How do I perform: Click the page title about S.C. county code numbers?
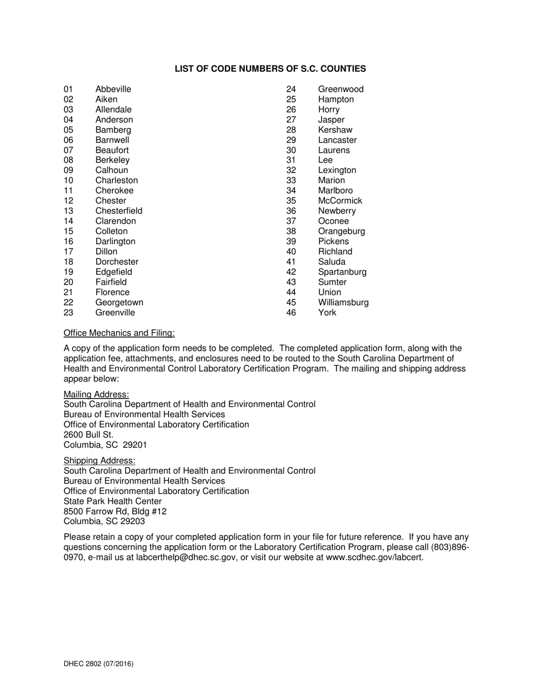[x=270, y=69]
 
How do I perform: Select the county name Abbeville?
[x=113, y=89]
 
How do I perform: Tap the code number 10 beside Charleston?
[x=68, y=180]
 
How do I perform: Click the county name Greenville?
[x=115, y=312]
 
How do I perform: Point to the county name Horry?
[x=329, y=109]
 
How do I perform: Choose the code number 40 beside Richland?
[x=291, y=252]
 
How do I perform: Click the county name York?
[x=327, y=312]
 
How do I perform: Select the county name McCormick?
[x=340, y=201]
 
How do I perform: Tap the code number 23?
[x=68, y=312]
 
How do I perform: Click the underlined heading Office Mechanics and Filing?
[x=119, y=333]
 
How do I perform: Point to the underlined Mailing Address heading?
[x=96, y=394]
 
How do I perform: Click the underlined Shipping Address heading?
[x=99, y=460]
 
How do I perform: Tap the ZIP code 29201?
[x=135, y=445]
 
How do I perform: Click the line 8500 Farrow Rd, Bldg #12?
[x=115, y=511]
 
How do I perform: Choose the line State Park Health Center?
[x=113, y=501]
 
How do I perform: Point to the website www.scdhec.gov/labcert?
[x=374, y=558]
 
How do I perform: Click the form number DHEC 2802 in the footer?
[x=82, y=664]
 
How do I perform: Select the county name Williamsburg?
[x=343, y=302]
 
